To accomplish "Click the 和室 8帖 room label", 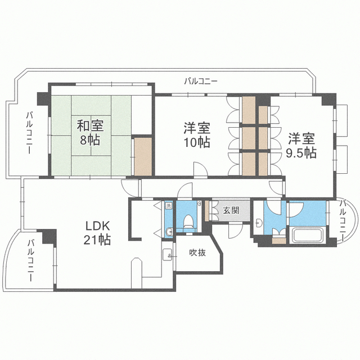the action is [90, 133].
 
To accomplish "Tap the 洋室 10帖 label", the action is [197, 135].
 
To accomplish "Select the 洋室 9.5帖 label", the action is [301, 146].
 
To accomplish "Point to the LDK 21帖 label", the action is [97, 233].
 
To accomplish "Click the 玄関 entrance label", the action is [231, 210].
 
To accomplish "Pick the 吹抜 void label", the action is [197, 253].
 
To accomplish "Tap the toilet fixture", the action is [188, 221].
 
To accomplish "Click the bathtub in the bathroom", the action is [308, 235].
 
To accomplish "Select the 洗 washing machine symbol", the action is [169, 205].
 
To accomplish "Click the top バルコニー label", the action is [201, 81].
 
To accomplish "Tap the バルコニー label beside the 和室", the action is [29, 133].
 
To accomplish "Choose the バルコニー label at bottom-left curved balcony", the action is [30, 260].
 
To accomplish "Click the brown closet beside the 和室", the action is [143, 156].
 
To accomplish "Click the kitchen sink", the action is [168, 254].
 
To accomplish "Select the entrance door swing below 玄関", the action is [236, 230].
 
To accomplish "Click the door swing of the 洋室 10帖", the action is [200, 169].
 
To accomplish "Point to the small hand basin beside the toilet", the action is [169, 232].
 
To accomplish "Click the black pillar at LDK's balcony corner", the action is [50, 236].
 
